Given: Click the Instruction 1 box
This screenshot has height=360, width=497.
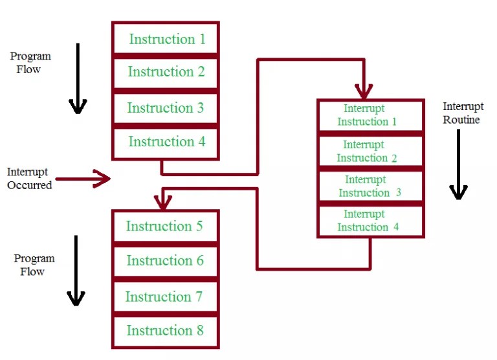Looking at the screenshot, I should coord(166,39).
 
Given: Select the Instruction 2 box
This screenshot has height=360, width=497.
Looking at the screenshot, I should coord(166,73).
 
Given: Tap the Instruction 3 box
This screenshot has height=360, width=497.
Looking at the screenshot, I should coord(166,108).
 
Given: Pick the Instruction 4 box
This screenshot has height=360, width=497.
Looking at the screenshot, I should coord(166,142).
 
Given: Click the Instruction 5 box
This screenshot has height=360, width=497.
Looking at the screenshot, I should coord(165,227).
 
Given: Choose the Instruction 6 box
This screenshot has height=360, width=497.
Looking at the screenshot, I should coord(165,261).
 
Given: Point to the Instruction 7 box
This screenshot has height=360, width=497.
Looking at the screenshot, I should coord(165,297).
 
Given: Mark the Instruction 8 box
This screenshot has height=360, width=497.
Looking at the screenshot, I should coord(165,331).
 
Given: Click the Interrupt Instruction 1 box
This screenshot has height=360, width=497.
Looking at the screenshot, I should coord(371,115).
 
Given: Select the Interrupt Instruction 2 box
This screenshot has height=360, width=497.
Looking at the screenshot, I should coord(371,152).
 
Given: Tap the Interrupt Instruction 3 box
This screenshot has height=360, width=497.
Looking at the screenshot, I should coord(371,186).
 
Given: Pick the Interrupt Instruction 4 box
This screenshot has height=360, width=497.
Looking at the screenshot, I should coord(371,221).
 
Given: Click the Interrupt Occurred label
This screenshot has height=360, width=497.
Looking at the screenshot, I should coord(29,178).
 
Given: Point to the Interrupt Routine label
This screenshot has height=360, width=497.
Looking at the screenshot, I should coord(461,112).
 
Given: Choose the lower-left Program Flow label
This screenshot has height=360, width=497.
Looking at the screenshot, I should coord(34,265).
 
